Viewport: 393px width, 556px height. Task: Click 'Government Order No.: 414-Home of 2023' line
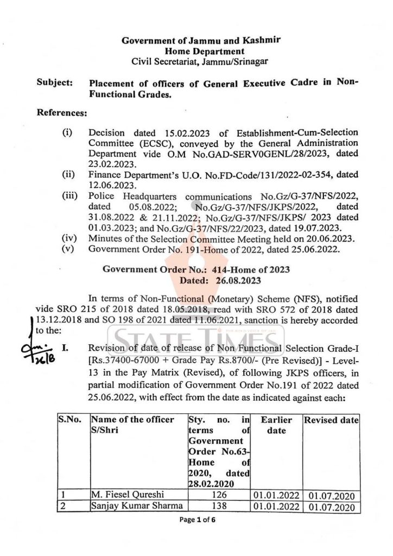click(196, 270)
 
